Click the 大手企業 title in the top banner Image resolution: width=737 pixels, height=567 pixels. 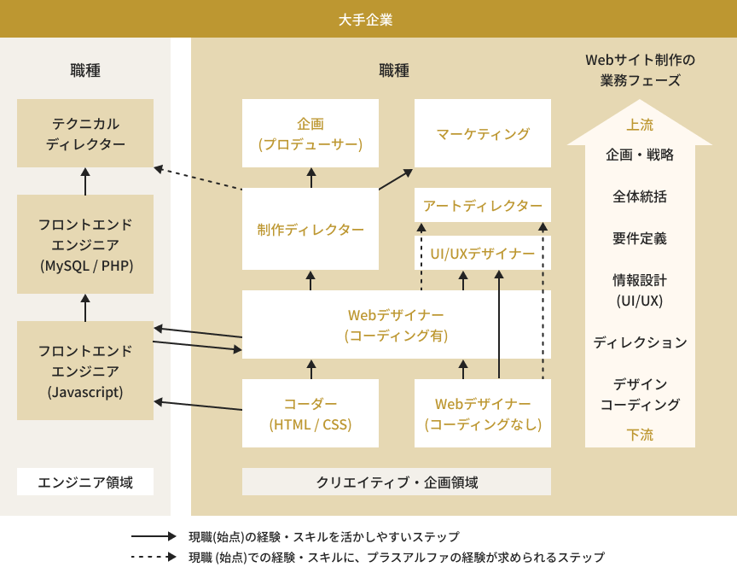pyautogui.click(x=366, y=19)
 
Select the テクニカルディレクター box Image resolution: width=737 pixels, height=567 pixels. pyautogui.click(x=85, y=133)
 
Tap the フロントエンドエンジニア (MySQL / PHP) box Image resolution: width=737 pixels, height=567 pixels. pyautogui.click(x=85, y=244)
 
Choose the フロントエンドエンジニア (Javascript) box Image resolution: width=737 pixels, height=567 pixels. pyautogui.click(x=85, y=371)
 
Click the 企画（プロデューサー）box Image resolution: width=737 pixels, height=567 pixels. pyautogui.click(x=310, y=133)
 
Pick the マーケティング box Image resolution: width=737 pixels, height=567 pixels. pyautogui.click(x=483, y=133)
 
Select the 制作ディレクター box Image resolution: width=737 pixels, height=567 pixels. pyautogui.click(x=310, y=229)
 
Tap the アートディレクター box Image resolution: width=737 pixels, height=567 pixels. pyautogui.click(x=483, y=205)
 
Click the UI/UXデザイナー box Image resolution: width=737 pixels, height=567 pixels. pyautogui.click(x=483, y=253)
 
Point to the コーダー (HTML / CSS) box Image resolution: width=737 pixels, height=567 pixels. pyautogui.click(x=310, y=413)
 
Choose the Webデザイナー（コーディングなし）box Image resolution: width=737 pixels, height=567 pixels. pyautogui.click(x=483, y=413)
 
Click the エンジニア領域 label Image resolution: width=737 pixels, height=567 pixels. pyautogui.click(x=85, y=482)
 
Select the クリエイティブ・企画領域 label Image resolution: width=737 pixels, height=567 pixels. pyautogui.click(x=397, y=482)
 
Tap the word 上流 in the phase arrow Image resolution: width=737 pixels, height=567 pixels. pyautogui.click(x=640, y=125)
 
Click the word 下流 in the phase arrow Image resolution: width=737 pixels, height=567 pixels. pyautogui.click(x=640, y=435)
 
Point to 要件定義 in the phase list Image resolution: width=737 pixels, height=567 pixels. pyautogui.click(x=640, y=238)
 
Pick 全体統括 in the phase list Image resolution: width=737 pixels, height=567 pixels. pyautogui.click(x=640, y=196)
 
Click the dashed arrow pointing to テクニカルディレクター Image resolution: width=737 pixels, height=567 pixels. pyautogui.click(x=198, y=178)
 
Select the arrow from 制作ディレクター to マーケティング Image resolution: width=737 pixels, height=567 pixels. pyautogui.click(x=396, y=178)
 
